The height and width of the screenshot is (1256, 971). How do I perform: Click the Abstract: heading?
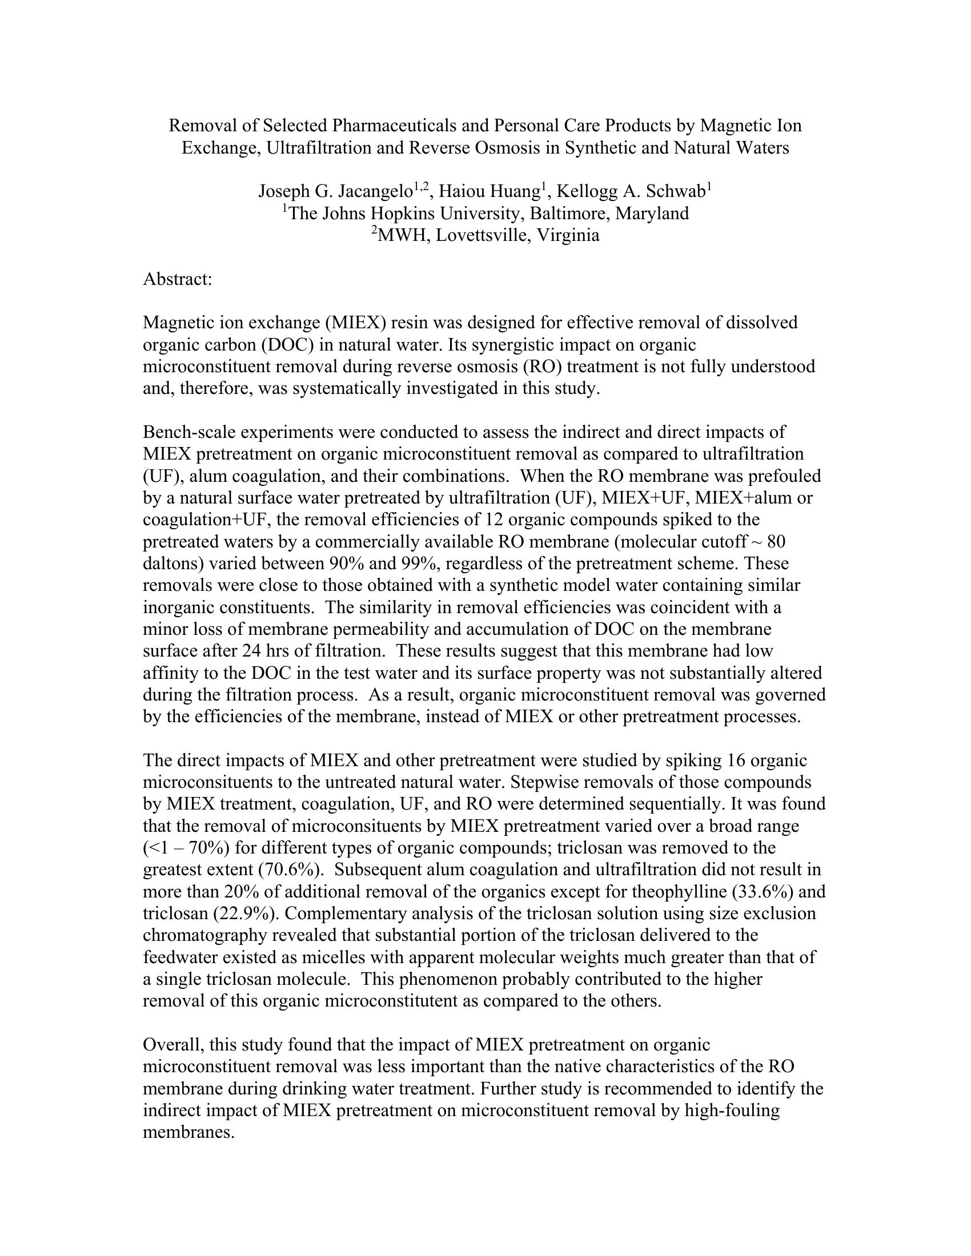178,279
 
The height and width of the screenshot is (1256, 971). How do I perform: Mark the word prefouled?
785,476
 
